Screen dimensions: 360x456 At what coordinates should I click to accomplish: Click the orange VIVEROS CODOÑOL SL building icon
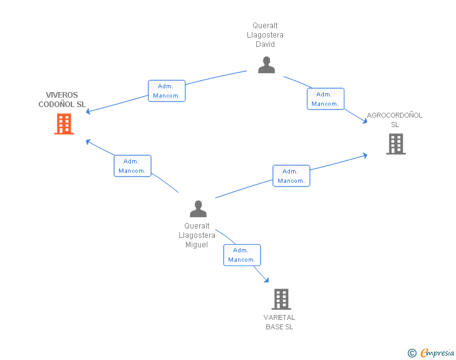click(x=64, y=124)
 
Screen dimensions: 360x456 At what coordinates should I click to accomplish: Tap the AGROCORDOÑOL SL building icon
click(x=395, y=144)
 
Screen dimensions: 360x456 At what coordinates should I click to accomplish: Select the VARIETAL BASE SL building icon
click(x=281, y=299)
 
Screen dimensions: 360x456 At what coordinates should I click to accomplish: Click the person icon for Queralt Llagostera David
click(x=266, y=64)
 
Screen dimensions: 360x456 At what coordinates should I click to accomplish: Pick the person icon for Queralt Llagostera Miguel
click(x=198, y=208)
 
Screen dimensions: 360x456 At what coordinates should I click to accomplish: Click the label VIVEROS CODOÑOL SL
click(x=62, y=100)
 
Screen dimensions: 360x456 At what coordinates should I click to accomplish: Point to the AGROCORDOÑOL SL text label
click(x=395, y=120)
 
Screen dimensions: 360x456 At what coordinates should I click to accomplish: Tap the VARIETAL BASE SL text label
click(x=279, y=322)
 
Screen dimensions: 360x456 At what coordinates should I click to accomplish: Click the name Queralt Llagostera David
click(x=266, y=35)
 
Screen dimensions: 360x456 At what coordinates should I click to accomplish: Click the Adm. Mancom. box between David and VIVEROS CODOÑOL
click(x=167, y=91)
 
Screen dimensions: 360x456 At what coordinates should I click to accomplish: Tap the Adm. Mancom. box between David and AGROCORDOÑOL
click(x=325, y=99)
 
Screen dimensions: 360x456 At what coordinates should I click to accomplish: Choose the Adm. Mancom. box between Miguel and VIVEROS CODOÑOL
click(x=132, y=166)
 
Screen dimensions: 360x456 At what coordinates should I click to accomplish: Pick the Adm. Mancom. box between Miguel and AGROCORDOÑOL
click(x=291, y=176)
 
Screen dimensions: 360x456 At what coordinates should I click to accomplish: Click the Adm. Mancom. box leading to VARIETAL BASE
click(x=242, y=255)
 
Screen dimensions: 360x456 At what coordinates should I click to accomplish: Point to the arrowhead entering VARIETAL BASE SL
click(x=266, y=280)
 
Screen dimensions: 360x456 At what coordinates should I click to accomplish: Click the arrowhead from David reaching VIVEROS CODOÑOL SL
click(x=89, y=111)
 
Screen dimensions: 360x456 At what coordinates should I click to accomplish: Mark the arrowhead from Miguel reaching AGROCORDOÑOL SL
click(x=365, y=155)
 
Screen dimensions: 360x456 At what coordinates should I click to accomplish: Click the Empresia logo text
click(x=437, y=352)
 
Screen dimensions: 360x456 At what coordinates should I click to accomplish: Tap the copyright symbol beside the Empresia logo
click(x=412, y=353)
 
